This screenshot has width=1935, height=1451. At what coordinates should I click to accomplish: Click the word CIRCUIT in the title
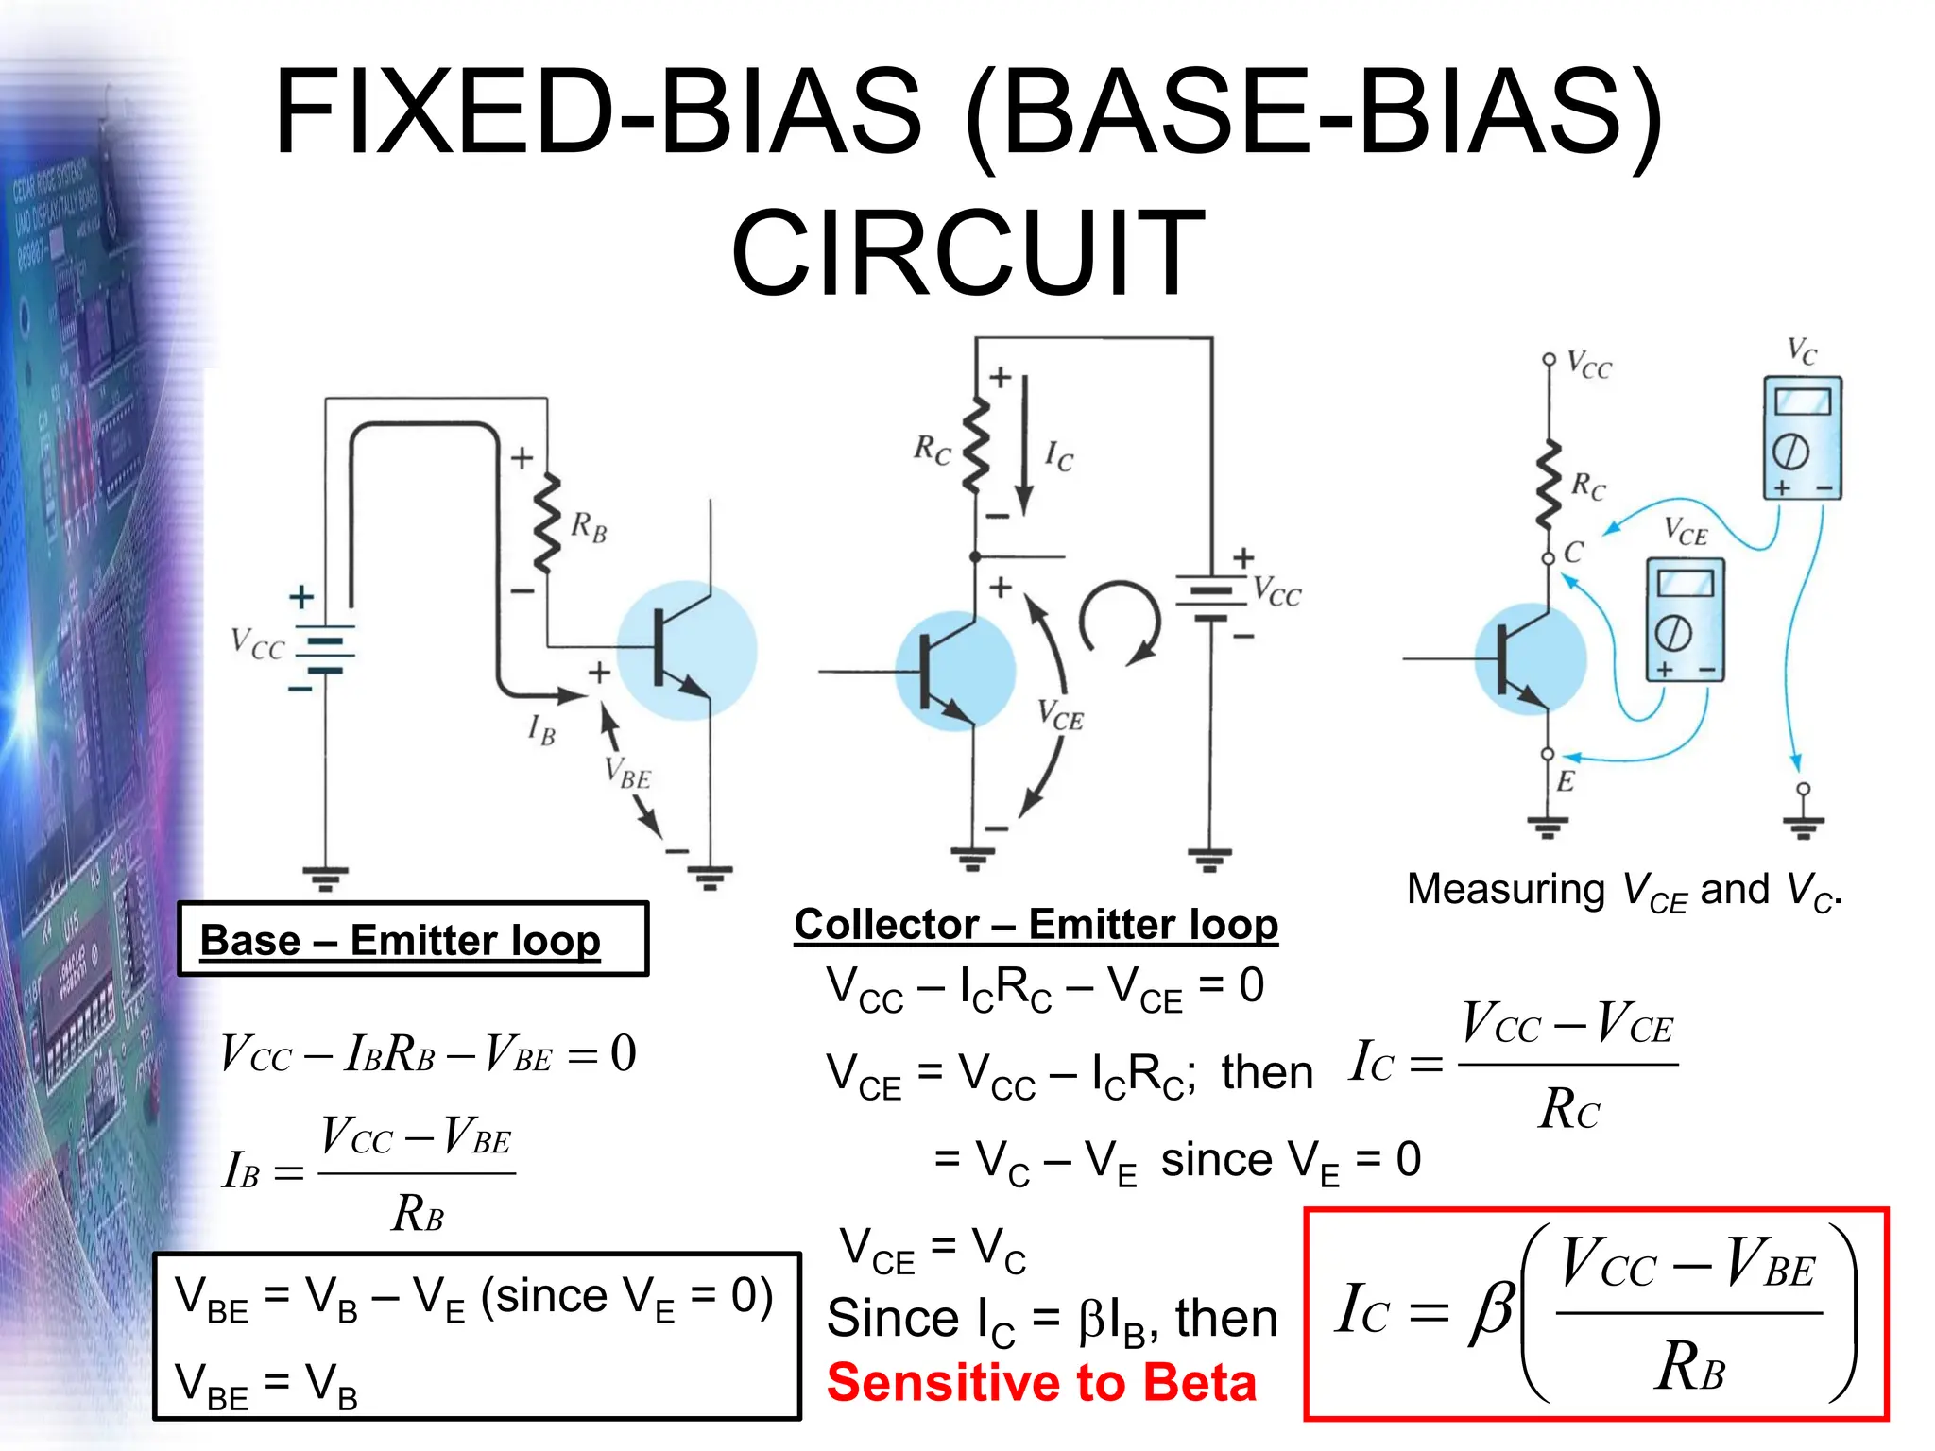point(967,253)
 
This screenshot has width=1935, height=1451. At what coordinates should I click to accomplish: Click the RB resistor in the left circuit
point(548,524)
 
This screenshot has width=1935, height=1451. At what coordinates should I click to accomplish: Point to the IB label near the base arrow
point(541,730)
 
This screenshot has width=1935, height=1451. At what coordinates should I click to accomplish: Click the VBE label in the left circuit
point(628,773)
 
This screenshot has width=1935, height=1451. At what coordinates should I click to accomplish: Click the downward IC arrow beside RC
point(1023,444)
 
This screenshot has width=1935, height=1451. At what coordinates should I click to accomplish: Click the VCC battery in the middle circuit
point(1209,597)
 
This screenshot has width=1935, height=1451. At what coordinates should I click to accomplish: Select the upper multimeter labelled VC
point(1802,437)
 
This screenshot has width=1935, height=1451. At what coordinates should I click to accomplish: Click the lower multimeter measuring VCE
point(1685,620)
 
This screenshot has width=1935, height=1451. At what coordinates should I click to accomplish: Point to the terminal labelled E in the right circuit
point(1548,754)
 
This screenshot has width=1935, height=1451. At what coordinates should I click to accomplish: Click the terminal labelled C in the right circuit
point(1549,558)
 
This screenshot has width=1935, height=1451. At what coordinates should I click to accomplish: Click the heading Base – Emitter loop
point(401,940)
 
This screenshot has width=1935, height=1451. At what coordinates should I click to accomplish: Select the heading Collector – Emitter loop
point(1036,924)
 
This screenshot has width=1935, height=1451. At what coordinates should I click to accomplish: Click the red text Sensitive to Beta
point(1041,1382)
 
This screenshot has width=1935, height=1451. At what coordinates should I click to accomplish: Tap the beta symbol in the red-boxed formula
point(1491,1311)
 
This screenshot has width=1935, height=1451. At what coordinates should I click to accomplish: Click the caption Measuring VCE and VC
point(1623,891)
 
